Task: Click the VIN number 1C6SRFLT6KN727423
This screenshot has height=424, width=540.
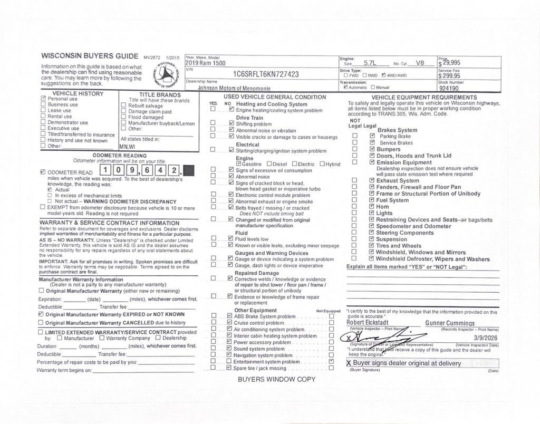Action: pyautogui.click(x=266, y=74)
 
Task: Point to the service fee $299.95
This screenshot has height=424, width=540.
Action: pyautogui.click(x=449, y=75)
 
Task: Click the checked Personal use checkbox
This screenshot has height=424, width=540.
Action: pyautogui.click(x=43, y=99)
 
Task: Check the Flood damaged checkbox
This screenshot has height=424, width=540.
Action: pyautogui.click(x=123, y=118)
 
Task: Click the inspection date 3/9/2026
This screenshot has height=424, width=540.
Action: pyautogui.click(x=485, y=337)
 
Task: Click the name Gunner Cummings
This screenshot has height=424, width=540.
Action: pyautogui.click(x=450, y=323)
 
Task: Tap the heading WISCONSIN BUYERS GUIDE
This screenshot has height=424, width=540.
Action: pyautogui.click(x=90, y=56)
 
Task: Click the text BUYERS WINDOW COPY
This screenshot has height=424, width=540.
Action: pyautogui.click(x=276, y=379)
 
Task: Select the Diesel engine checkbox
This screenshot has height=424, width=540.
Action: pyautogui.click(x=269, y=164)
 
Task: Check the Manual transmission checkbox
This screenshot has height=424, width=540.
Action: pyautogui.click(x=373, y=88)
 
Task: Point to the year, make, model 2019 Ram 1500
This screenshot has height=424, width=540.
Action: pyautogui.click(x=205, y=63)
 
